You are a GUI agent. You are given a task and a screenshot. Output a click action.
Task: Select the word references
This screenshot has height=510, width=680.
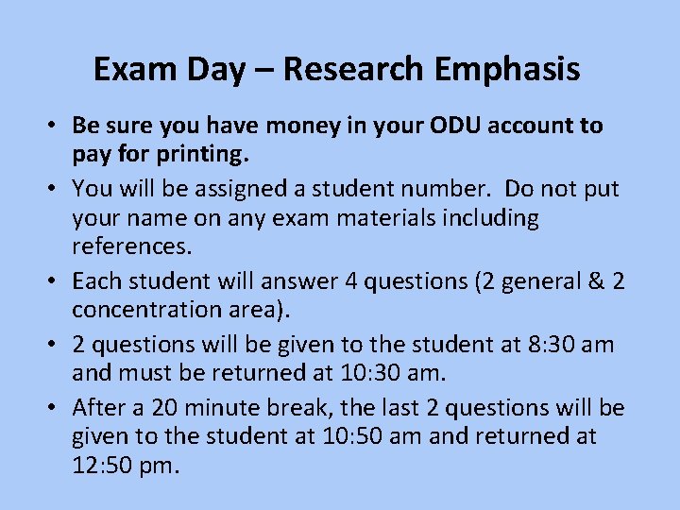point(131,247)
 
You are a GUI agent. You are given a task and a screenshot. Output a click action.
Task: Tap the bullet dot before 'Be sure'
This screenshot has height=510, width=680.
point(57,127)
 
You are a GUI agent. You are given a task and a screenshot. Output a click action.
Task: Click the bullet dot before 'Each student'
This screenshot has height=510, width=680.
point(57,282)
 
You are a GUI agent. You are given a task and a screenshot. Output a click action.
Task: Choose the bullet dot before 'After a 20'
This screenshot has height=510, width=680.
point(57,409)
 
